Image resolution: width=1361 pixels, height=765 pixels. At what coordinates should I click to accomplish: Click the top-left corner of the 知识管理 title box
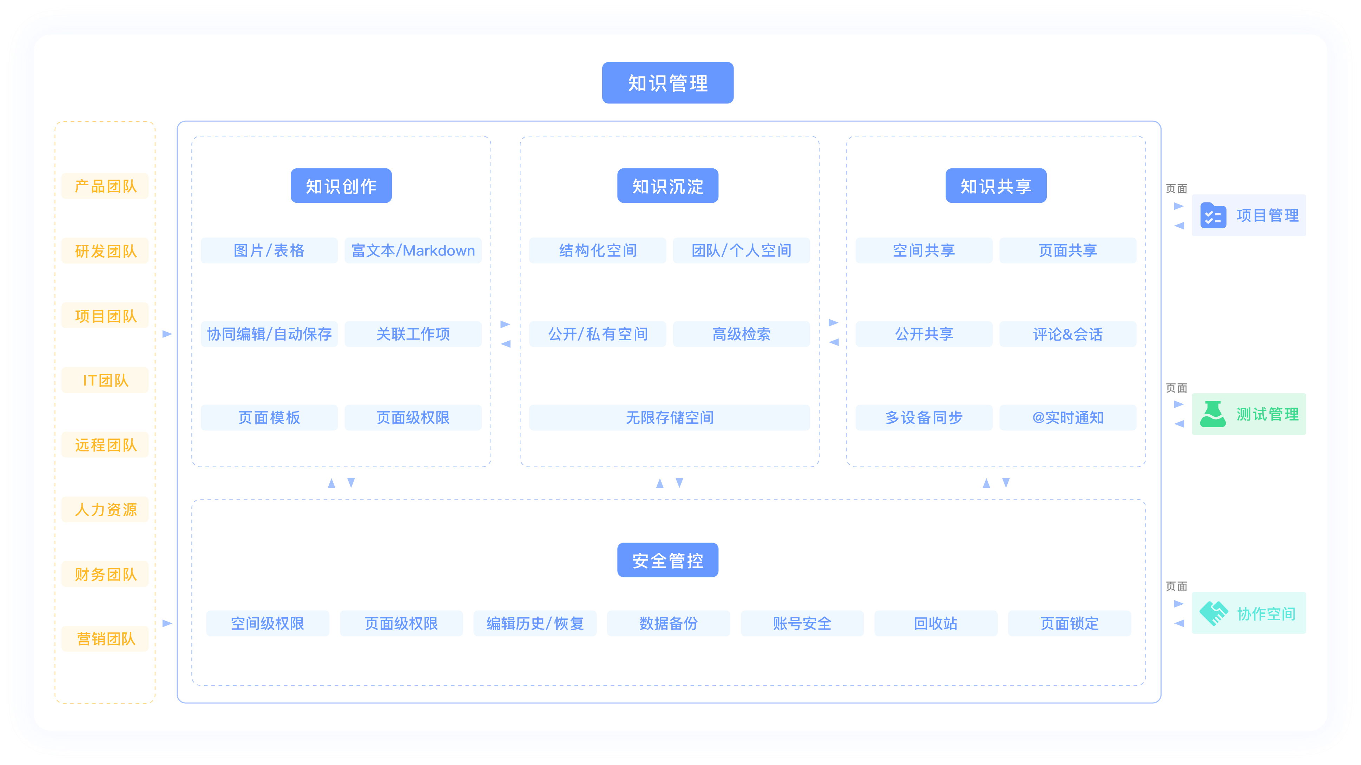pos(602,62)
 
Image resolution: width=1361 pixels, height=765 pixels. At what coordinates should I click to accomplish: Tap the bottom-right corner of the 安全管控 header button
pos(718,577)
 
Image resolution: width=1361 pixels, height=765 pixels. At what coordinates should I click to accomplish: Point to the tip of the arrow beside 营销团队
pos(172,624)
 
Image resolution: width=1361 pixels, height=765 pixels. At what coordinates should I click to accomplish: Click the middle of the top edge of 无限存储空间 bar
pos(669,405)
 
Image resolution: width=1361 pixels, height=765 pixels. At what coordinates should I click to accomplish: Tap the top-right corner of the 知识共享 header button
pos(1046,169)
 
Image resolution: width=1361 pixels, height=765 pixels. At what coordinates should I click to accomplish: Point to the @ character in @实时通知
pos(1038,418)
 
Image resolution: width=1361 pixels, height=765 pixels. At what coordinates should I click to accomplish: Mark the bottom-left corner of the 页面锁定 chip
pos(1008,636)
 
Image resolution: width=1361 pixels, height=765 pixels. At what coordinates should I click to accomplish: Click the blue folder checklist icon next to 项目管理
pos(1213,215)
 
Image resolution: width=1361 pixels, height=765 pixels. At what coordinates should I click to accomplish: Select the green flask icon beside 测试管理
pos(1212,414)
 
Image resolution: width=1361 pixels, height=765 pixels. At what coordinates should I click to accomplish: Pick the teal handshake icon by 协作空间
pos(1213,613)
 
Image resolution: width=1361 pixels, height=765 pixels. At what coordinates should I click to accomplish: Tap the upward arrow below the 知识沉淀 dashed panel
pos(659,483)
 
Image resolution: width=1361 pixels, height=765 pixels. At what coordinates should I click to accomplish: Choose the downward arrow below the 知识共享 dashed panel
pos(1006,483)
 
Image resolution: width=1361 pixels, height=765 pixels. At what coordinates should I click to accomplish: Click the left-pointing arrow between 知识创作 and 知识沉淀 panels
pos(506,344)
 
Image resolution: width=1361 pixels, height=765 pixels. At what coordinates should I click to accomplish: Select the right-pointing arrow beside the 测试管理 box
pos(1179,404)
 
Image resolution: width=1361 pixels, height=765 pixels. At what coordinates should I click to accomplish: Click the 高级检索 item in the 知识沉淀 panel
pos(741,334)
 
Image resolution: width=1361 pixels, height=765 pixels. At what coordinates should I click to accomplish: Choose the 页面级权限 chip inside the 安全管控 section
pos(401,624)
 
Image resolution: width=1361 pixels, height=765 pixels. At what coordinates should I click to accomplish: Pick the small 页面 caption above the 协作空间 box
pos(1177,586)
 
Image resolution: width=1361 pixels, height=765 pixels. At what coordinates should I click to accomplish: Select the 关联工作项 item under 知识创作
pos(413,334)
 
